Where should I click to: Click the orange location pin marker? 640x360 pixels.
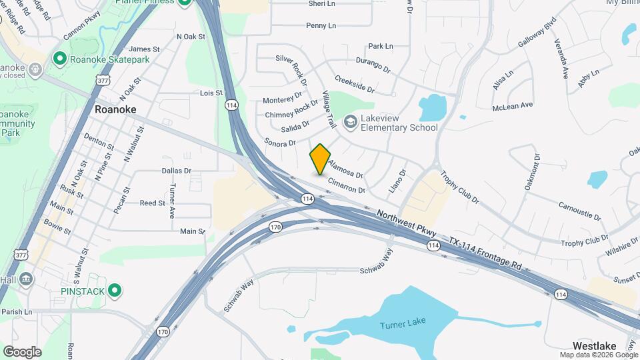pyautogui.click(x=320, y=159)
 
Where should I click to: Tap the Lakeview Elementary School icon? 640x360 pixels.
pyautogui.click(x=350, y=122)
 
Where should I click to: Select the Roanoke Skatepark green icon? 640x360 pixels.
pyautogui.click(x=59, y=59)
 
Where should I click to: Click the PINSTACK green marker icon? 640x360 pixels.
pyautogui.click(x=115, y=290)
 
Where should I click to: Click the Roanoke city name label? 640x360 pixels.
pyautogui.click(x=115, y=109)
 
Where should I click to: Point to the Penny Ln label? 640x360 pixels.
pyautogui.click(x=321, y=25)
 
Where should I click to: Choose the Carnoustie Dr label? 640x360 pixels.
pyautogui.click(x=579, y=211)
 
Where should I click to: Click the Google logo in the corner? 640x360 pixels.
pyautogui.click(x=22, y=351)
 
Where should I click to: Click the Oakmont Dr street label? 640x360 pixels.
pyautogui.click(x=531, y=172)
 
